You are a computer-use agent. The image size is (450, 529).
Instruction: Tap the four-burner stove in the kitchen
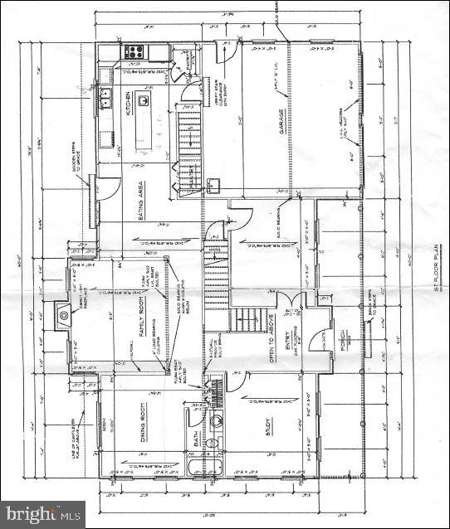tap(134, 52)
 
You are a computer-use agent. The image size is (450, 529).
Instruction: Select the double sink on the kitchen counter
tap(106, 101)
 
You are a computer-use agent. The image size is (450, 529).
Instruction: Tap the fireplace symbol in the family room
tap(65, 313)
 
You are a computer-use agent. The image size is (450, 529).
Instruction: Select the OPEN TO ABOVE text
tap(270, 337)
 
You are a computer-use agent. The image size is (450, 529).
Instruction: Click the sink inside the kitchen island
tap(144, 100)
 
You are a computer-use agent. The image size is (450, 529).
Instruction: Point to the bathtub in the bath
tap(197, 464)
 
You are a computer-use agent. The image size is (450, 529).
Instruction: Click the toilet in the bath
tap(213, 442)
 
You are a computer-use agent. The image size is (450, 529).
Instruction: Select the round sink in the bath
tap(217, 420)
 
